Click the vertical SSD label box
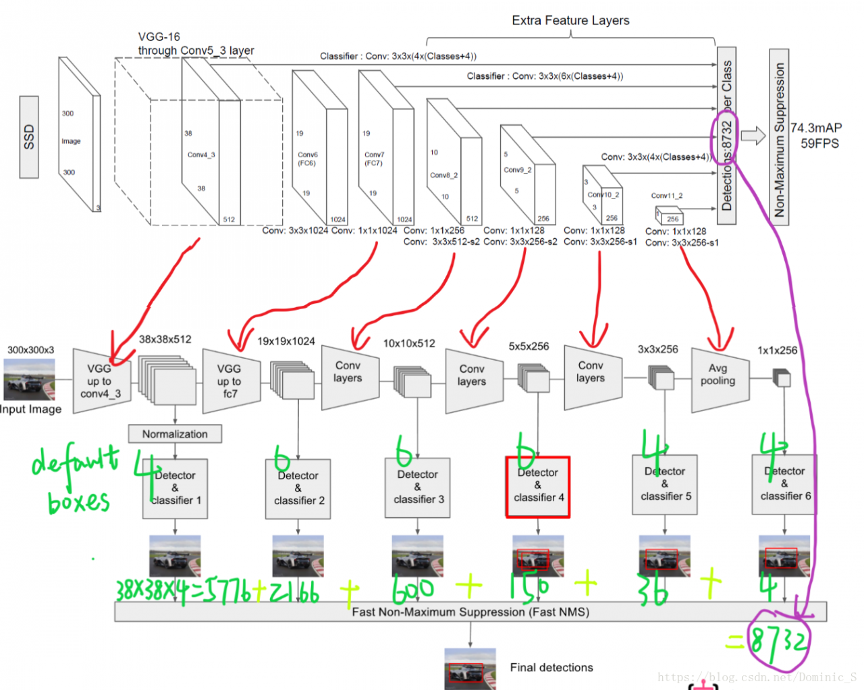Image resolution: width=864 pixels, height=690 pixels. (29, 137)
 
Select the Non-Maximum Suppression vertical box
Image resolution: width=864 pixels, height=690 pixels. (779, 137)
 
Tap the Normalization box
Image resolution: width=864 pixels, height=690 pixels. (175, 434)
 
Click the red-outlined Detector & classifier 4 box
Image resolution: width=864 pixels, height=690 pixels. (538, 487)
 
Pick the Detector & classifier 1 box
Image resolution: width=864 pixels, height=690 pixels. (175, 489)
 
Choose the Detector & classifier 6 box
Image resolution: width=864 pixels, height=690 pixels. (784, 485)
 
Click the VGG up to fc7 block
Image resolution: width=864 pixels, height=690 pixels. (230, 381)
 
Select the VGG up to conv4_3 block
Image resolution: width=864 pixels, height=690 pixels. (101, 381)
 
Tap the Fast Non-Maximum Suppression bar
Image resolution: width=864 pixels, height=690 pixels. (470, 612)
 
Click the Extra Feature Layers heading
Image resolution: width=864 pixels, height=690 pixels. (570, 20)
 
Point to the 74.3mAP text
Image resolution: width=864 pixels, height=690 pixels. (816, 128)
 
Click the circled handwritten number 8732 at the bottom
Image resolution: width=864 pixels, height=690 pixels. (778, 639)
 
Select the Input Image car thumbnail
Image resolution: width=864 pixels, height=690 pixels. (29, 379)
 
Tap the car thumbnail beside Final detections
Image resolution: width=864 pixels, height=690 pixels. (470, 668)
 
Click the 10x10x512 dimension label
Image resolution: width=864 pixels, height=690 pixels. (409, 344)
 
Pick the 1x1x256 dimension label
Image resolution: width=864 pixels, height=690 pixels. (777, 350)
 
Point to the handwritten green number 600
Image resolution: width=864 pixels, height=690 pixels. (412, 589)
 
